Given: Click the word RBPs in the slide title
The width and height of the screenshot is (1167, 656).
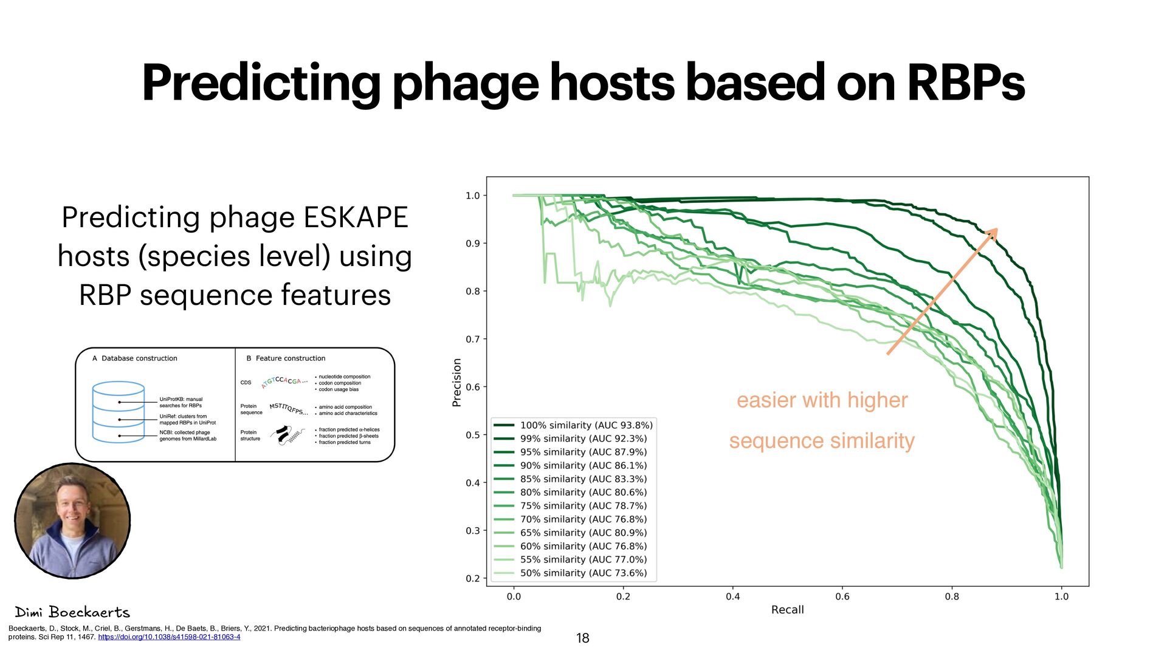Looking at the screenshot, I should click(965, 83).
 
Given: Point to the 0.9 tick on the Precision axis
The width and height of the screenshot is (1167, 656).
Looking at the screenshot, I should click(472, 244).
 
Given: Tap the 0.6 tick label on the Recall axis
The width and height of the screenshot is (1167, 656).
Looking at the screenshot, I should click(842, 596).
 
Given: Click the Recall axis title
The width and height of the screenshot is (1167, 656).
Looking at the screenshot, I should click(787, 610).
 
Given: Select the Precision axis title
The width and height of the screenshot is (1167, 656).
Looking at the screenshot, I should click(457, 382).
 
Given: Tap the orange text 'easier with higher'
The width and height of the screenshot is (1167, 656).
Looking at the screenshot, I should click(822, 400).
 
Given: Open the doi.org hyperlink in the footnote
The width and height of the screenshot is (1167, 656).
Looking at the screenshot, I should click(169, 637).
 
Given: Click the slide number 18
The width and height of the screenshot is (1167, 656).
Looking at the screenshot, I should click(582, 638).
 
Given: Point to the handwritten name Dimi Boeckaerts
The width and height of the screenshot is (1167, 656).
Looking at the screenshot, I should click(72, 612).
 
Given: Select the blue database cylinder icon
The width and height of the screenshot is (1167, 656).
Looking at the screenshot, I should click(119, 411).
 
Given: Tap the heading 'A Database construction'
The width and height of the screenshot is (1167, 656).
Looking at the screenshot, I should click(135, 358).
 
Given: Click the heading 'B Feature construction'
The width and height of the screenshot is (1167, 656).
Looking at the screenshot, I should click(286, 358).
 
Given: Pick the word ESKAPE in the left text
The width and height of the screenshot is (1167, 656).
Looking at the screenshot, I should click(356, 217).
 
